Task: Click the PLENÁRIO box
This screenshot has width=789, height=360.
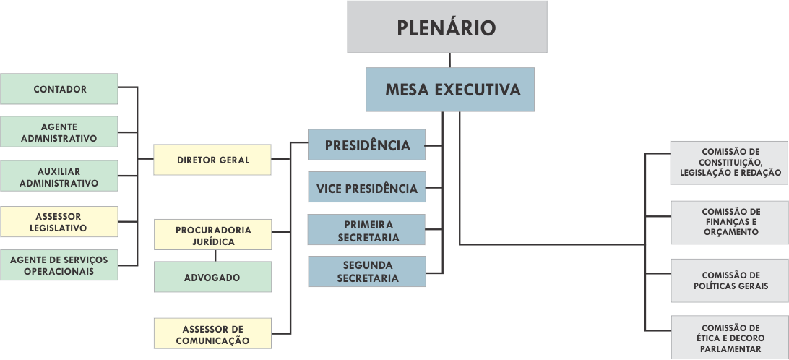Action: click(x=447, y=27)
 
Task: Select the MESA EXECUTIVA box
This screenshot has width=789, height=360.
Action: click(x=450, y=90)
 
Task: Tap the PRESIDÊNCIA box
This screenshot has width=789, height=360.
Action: click(x=366, y=145)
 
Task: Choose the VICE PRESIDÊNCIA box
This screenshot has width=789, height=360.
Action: click(x=366, y=188)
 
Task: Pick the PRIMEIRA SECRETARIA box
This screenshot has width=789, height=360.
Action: click(x=366, y=231)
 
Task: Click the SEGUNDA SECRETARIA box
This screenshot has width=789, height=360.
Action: click(x=366, y=272)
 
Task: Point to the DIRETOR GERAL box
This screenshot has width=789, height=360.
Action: click(x=212, y=160)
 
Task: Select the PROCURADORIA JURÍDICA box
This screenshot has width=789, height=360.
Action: click(x=212, y=235)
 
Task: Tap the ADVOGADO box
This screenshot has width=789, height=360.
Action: click(x=212, y=277)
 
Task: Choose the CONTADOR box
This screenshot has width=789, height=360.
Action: click(x=59, y=89)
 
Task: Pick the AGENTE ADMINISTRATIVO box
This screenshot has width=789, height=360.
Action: click(x=59, y=132)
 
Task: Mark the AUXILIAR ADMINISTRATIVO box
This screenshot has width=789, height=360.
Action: click(x=59, y=176)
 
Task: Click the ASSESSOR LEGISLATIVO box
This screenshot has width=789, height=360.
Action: click(x=59, y=222)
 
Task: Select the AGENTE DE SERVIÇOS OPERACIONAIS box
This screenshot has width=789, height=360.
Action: click(x=59, y=265)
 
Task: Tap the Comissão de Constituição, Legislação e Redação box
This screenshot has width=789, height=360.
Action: click(x=730, y=162)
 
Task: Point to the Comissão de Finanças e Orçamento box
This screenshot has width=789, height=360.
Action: click(x=730, y=222)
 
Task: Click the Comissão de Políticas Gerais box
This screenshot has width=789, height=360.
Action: click(x=730, y=280)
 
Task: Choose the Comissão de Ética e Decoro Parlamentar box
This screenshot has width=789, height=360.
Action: click(x=730, y=338)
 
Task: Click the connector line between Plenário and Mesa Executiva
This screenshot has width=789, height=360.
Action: click(x=449, y=61)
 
